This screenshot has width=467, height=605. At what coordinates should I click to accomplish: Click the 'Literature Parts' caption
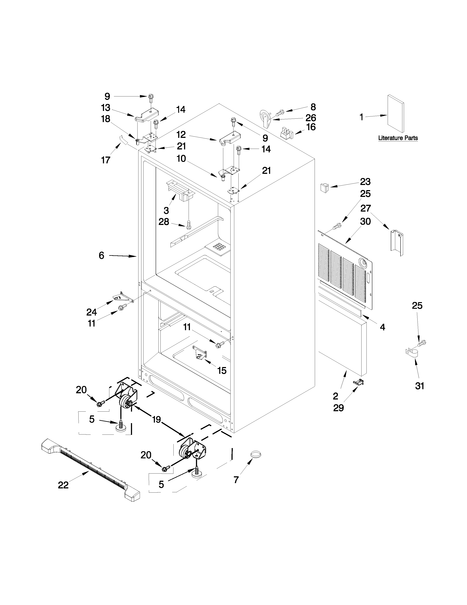tap(398, 138)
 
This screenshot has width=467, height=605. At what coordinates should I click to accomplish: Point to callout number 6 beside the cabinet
tap(101, 255)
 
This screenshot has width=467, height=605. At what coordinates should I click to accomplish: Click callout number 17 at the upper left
tap(106, 160)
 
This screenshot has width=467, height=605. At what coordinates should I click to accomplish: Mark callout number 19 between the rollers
tap(156, 419)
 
